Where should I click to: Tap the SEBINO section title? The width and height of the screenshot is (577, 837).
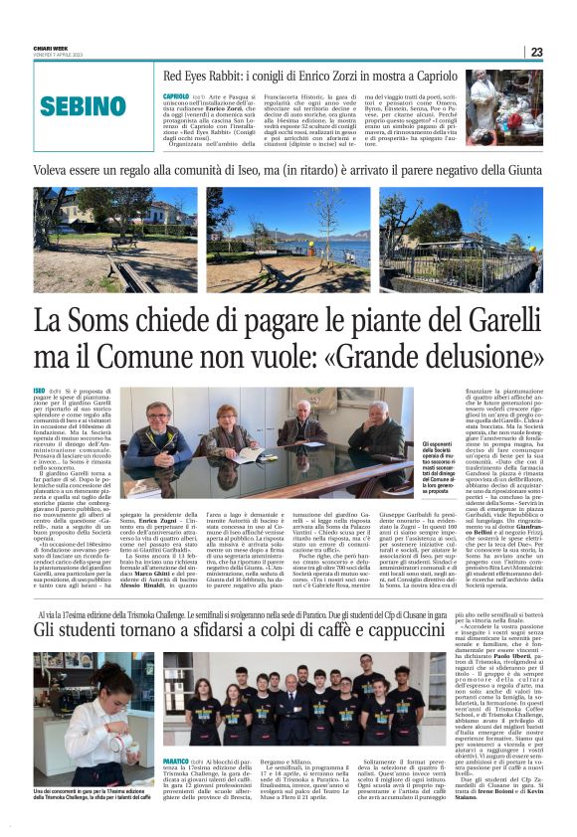tap(84, 106)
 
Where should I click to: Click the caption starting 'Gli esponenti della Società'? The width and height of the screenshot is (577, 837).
tap(443, 466)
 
